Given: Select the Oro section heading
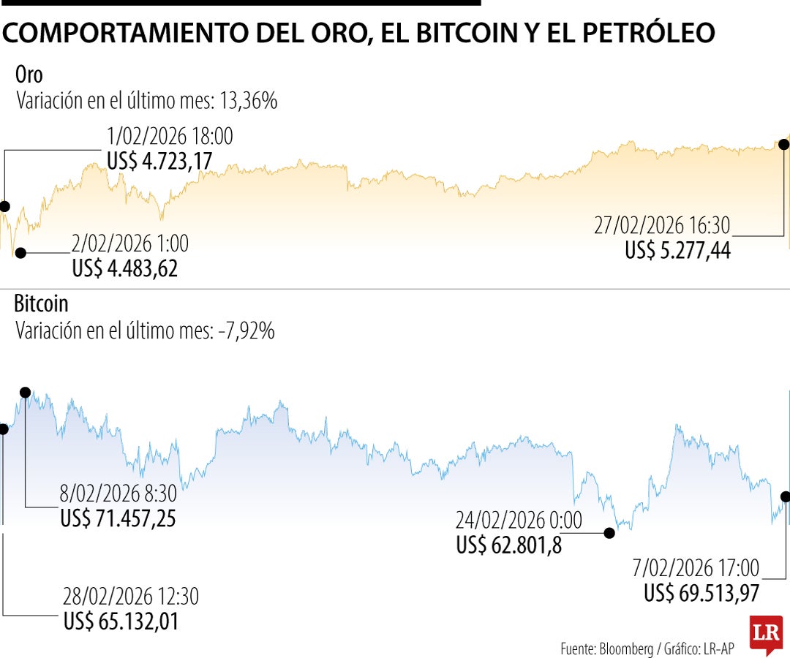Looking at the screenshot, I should point(29,75).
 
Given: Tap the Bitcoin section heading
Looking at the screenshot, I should point(41,303).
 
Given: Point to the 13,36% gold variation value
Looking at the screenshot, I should point(250,101).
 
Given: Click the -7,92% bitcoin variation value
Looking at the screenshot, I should point(247,331).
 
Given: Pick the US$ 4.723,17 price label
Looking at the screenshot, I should point(159,161).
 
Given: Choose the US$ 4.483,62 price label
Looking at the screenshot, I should point(125,268).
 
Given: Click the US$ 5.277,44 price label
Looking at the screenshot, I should point(677,251).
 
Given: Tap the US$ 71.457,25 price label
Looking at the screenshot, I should point(118,518).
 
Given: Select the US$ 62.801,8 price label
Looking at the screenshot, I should point(509,545).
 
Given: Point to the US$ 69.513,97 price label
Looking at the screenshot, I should point(701,594).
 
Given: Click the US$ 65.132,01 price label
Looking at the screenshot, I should point(121,622).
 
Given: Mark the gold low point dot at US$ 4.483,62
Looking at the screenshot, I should point(20,253).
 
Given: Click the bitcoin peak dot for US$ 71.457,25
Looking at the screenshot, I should point(26,393).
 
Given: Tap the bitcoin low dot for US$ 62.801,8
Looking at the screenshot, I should point(609,534).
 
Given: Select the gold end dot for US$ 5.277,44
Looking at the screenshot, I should point(786,144).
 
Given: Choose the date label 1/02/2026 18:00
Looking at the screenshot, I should point(170,137).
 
